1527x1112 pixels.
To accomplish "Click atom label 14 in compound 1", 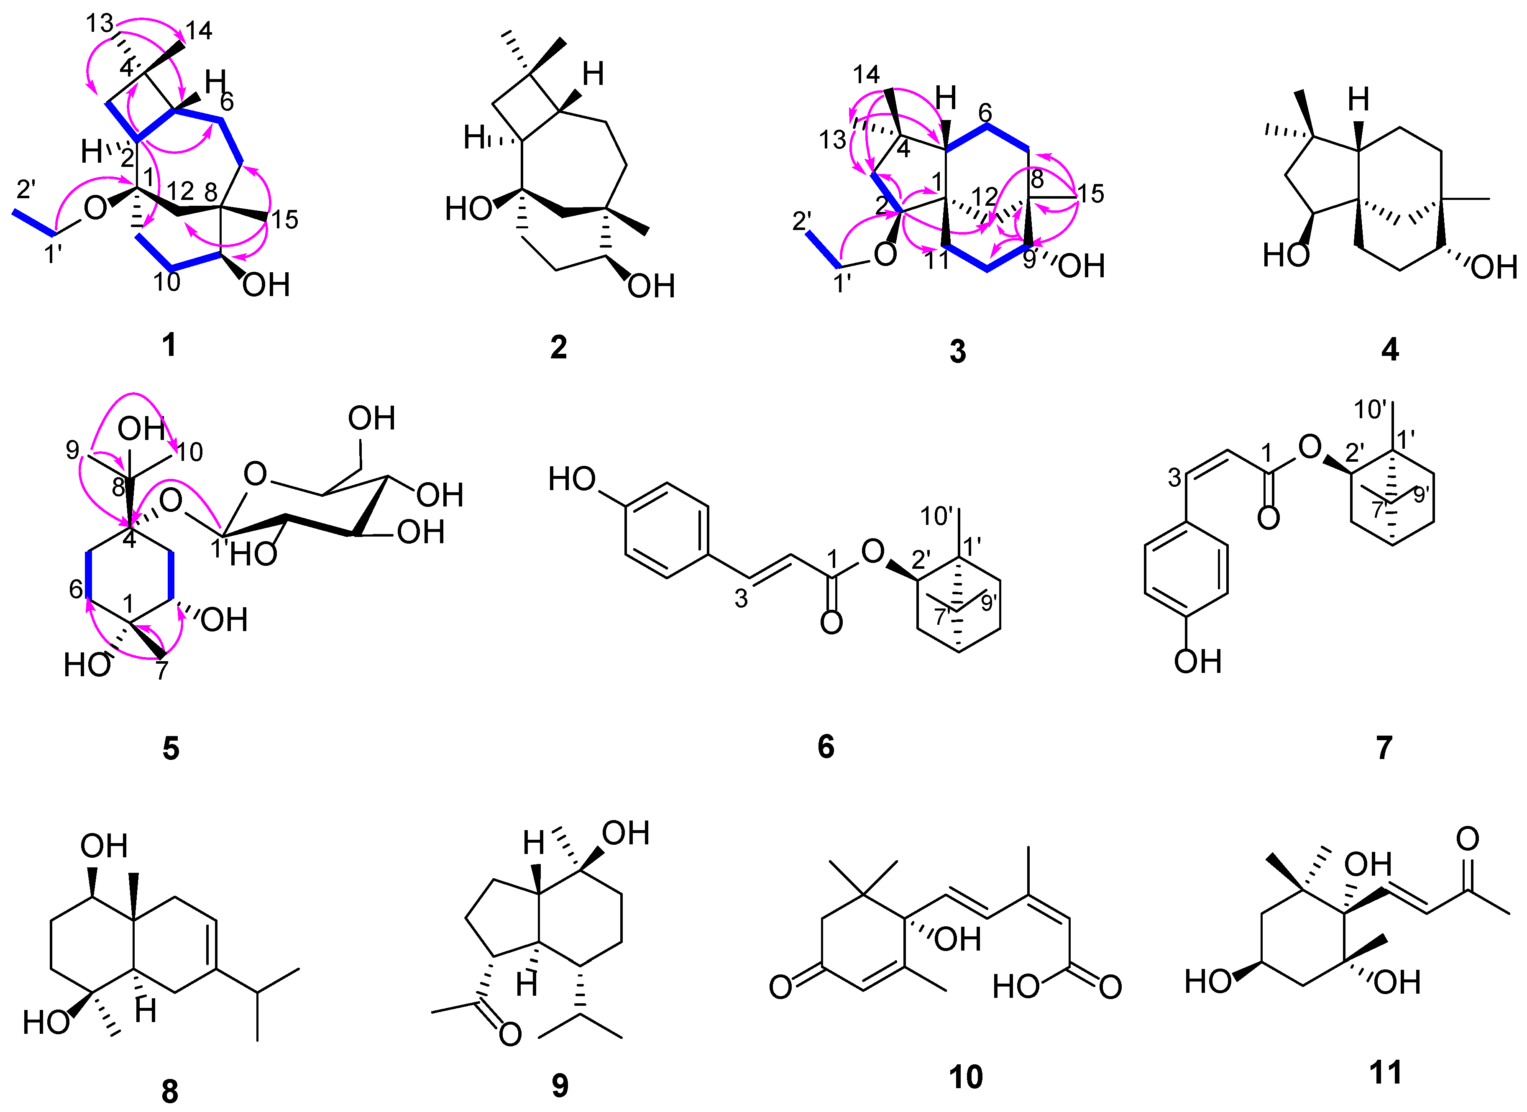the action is click(199, 30).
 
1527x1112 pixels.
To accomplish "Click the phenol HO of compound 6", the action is click(572, 479).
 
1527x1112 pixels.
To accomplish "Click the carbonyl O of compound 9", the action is click(510, 1035).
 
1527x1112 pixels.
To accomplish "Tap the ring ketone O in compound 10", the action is click(780, 987).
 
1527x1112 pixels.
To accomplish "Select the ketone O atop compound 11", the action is click(1467, 839).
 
